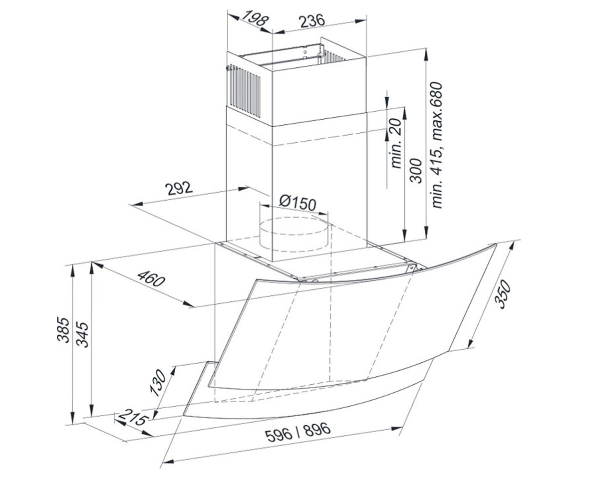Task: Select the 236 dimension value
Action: [311, 21]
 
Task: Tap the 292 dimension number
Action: [179, 188]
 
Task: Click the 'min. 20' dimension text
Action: [395, 143]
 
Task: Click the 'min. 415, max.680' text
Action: [437, 145]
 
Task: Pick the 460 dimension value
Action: [151, 278]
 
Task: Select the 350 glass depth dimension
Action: [502, 295]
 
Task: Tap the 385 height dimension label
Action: [63, 330]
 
